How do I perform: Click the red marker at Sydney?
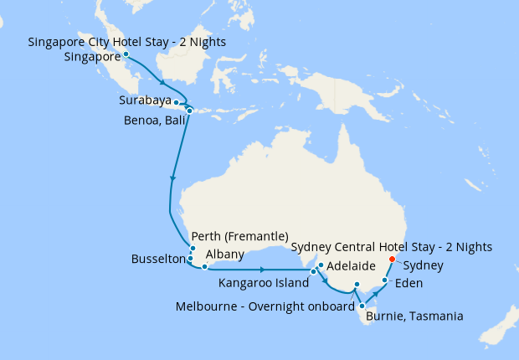click(x=392, y=259)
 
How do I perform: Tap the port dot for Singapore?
click(x=126, y=54)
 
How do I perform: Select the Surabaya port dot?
click(x=176, y=102)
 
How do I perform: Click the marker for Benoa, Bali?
click(x=189, y=111)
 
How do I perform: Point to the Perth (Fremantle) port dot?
click(x=193, y=249)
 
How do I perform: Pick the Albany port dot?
click(x=204, y=267)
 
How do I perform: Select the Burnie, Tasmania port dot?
click(x=362, y=306)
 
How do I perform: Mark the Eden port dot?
click(x=384, y=281)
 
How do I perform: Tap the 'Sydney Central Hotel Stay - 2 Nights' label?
click(x=391, y=246)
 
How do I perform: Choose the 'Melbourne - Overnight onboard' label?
click(x=265, y=306)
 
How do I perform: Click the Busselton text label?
click(x=158, y=260)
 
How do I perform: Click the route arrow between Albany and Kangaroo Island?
click(x=263, y=270)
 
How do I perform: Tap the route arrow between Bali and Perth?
click(x=173, y=177)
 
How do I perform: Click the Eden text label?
click(x=409, y=283)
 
